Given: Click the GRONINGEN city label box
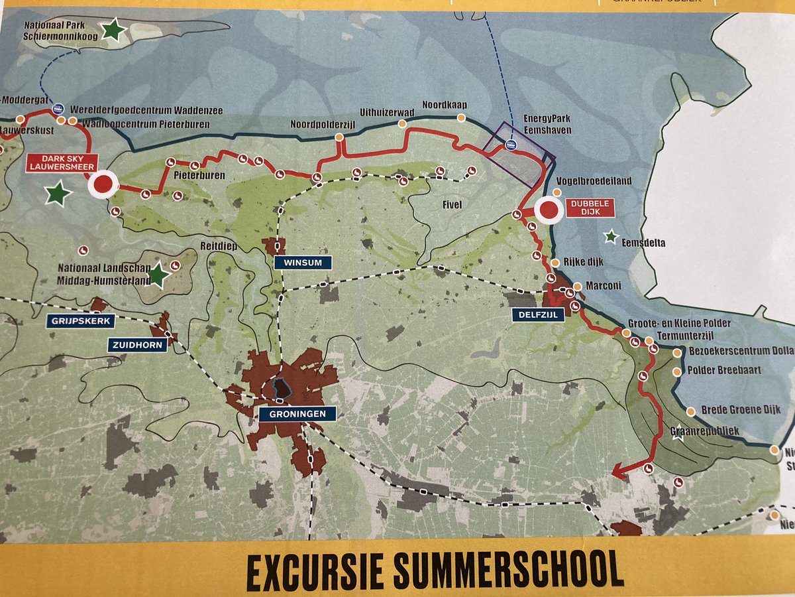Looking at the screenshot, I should (x=293, y=414).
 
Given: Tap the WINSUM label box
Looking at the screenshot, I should (x=302, y=263).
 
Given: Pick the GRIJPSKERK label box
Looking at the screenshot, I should (x=79, y=322).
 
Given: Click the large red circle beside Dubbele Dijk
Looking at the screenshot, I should (x=549, y=211).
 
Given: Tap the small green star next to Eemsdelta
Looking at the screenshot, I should (x=611, y=236).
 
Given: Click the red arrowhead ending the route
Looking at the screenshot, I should (x=616, y=472).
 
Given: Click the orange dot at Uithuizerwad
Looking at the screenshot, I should (x=401, y=124).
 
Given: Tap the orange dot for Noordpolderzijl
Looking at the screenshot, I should (x=339, y=137).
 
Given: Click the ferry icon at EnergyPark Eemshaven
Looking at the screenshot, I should (x=510, y=145).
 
